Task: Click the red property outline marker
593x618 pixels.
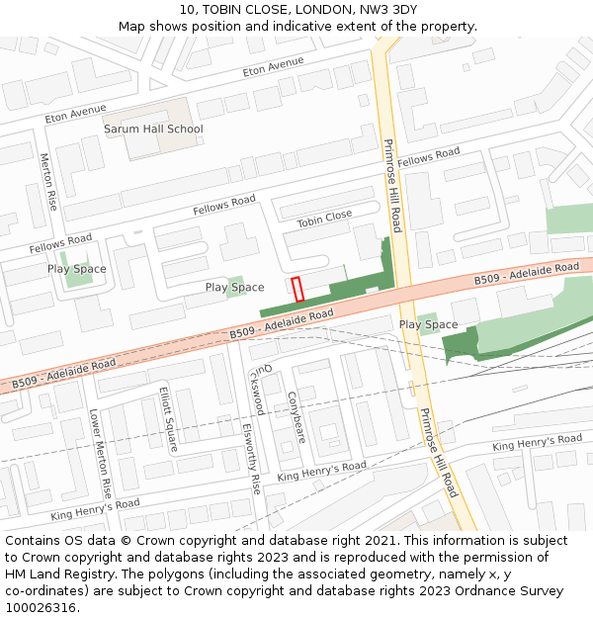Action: point(296,290)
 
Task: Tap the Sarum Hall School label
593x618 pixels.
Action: point(153,129)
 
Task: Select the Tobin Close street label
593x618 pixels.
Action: point(324,219)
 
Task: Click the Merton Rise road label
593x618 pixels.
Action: point(47,182)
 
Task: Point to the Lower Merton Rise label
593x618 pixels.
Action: point(100,453)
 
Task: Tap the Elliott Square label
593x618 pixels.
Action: point(167,418)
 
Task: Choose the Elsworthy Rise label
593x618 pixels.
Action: point(251,459)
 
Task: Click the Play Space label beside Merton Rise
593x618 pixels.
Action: point(76,269)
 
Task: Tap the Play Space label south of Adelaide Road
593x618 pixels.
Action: point(428,324)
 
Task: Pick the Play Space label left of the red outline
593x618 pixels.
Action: point(234,288)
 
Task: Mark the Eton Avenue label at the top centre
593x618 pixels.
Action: point(274,67)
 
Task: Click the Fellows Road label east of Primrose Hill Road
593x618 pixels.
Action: point(429,156)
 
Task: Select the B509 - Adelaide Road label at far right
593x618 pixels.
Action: point(526,274)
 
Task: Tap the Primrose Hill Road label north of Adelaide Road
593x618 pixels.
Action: point(391,185)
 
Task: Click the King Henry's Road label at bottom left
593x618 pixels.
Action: point(95,509)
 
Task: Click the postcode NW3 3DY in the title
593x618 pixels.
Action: point(385,9)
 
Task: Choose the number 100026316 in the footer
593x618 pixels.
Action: point(40,607)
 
